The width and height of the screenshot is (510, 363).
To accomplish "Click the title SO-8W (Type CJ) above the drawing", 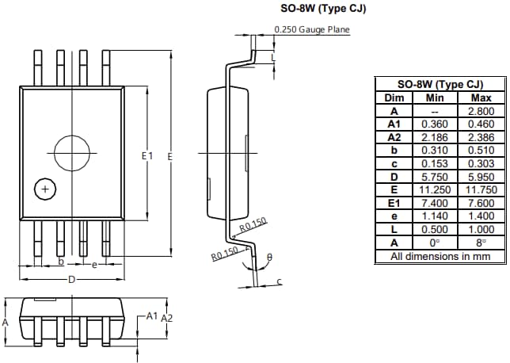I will [314, 9].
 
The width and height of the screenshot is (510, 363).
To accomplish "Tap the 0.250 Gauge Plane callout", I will [311, 30].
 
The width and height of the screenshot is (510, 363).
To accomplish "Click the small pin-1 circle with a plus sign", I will [46, 189].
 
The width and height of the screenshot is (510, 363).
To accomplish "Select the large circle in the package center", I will [72, 151].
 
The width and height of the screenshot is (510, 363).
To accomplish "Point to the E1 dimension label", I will [147, 157].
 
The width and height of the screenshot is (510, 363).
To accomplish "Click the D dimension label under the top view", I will [71, 280].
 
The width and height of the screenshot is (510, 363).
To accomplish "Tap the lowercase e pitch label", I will [94, 264].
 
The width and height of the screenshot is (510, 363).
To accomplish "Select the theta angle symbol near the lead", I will [269, 258].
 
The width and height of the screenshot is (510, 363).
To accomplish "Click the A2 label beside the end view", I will [167, 317].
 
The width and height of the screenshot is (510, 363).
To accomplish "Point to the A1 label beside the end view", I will [151, 315].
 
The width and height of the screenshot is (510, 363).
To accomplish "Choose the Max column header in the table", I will [481, 97].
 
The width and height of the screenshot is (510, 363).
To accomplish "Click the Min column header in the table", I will [435, 97].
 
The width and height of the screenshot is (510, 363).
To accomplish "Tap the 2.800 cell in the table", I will [481, 111].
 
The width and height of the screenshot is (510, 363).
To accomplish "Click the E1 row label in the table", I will [394, 227].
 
